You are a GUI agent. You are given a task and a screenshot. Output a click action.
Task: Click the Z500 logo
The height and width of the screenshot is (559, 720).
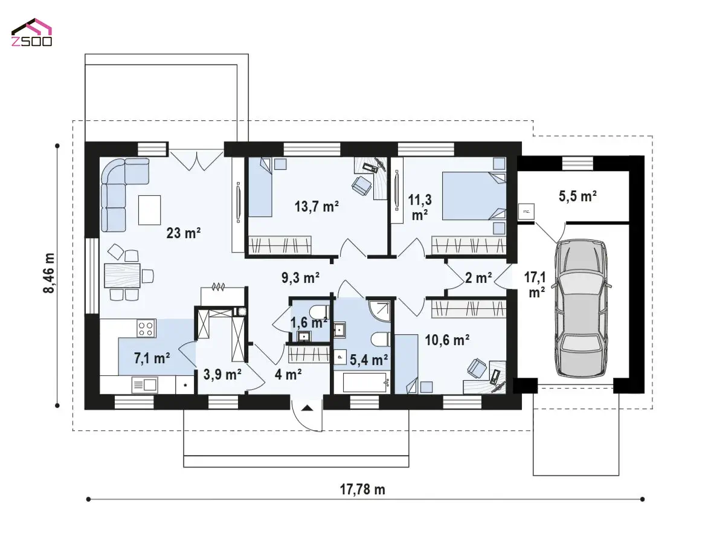[x=31, y=33]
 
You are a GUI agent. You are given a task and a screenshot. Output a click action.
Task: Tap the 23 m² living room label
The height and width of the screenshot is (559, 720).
[x=183, y=233]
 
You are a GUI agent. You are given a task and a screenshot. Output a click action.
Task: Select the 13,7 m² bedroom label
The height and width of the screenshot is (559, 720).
[x=317, y=206]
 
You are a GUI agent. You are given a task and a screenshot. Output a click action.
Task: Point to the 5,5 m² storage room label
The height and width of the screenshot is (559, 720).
[x=577, y=196]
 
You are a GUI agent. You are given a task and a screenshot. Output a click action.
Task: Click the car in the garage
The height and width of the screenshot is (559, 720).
[x=581, y=308]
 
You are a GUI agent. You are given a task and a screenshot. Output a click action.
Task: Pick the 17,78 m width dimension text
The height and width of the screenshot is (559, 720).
[x=362, y=490]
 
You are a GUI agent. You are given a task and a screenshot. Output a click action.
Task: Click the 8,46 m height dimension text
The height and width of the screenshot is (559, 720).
[x=49, y=273]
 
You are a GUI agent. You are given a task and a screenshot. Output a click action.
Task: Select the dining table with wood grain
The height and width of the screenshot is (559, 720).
[x=122, y=275]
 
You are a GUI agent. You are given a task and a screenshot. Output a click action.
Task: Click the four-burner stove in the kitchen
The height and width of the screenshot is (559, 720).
[x=146, y=328]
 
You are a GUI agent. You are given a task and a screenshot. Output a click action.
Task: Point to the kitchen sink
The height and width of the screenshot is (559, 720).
[x=144, y=385]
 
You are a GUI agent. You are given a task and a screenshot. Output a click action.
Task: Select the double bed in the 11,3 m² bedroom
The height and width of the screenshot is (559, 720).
[x=474, y=196]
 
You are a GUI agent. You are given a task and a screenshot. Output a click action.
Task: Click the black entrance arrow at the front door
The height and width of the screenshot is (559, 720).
[x=307, y=408]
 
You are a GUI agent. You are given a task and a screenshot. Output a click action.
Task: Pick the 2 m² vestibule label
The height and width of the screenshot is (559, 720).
[x=478, y=277]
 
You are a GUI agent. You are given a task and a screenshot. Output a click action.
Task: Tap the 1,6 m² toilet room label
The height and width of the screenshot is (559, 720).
[x=309, y=323]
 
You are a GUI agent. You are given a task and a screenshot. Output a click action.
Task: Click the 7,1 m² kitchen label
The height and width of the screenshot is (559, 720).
[x=152, y=358]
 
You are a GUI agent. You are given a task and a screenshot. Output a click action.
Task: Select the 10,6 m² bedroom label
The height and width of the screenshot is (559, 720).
[x=447, y=340]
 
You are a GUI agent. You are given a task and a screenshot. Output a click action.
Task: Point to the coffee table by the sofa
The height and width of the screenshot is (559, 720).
[x=150, y=210]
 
